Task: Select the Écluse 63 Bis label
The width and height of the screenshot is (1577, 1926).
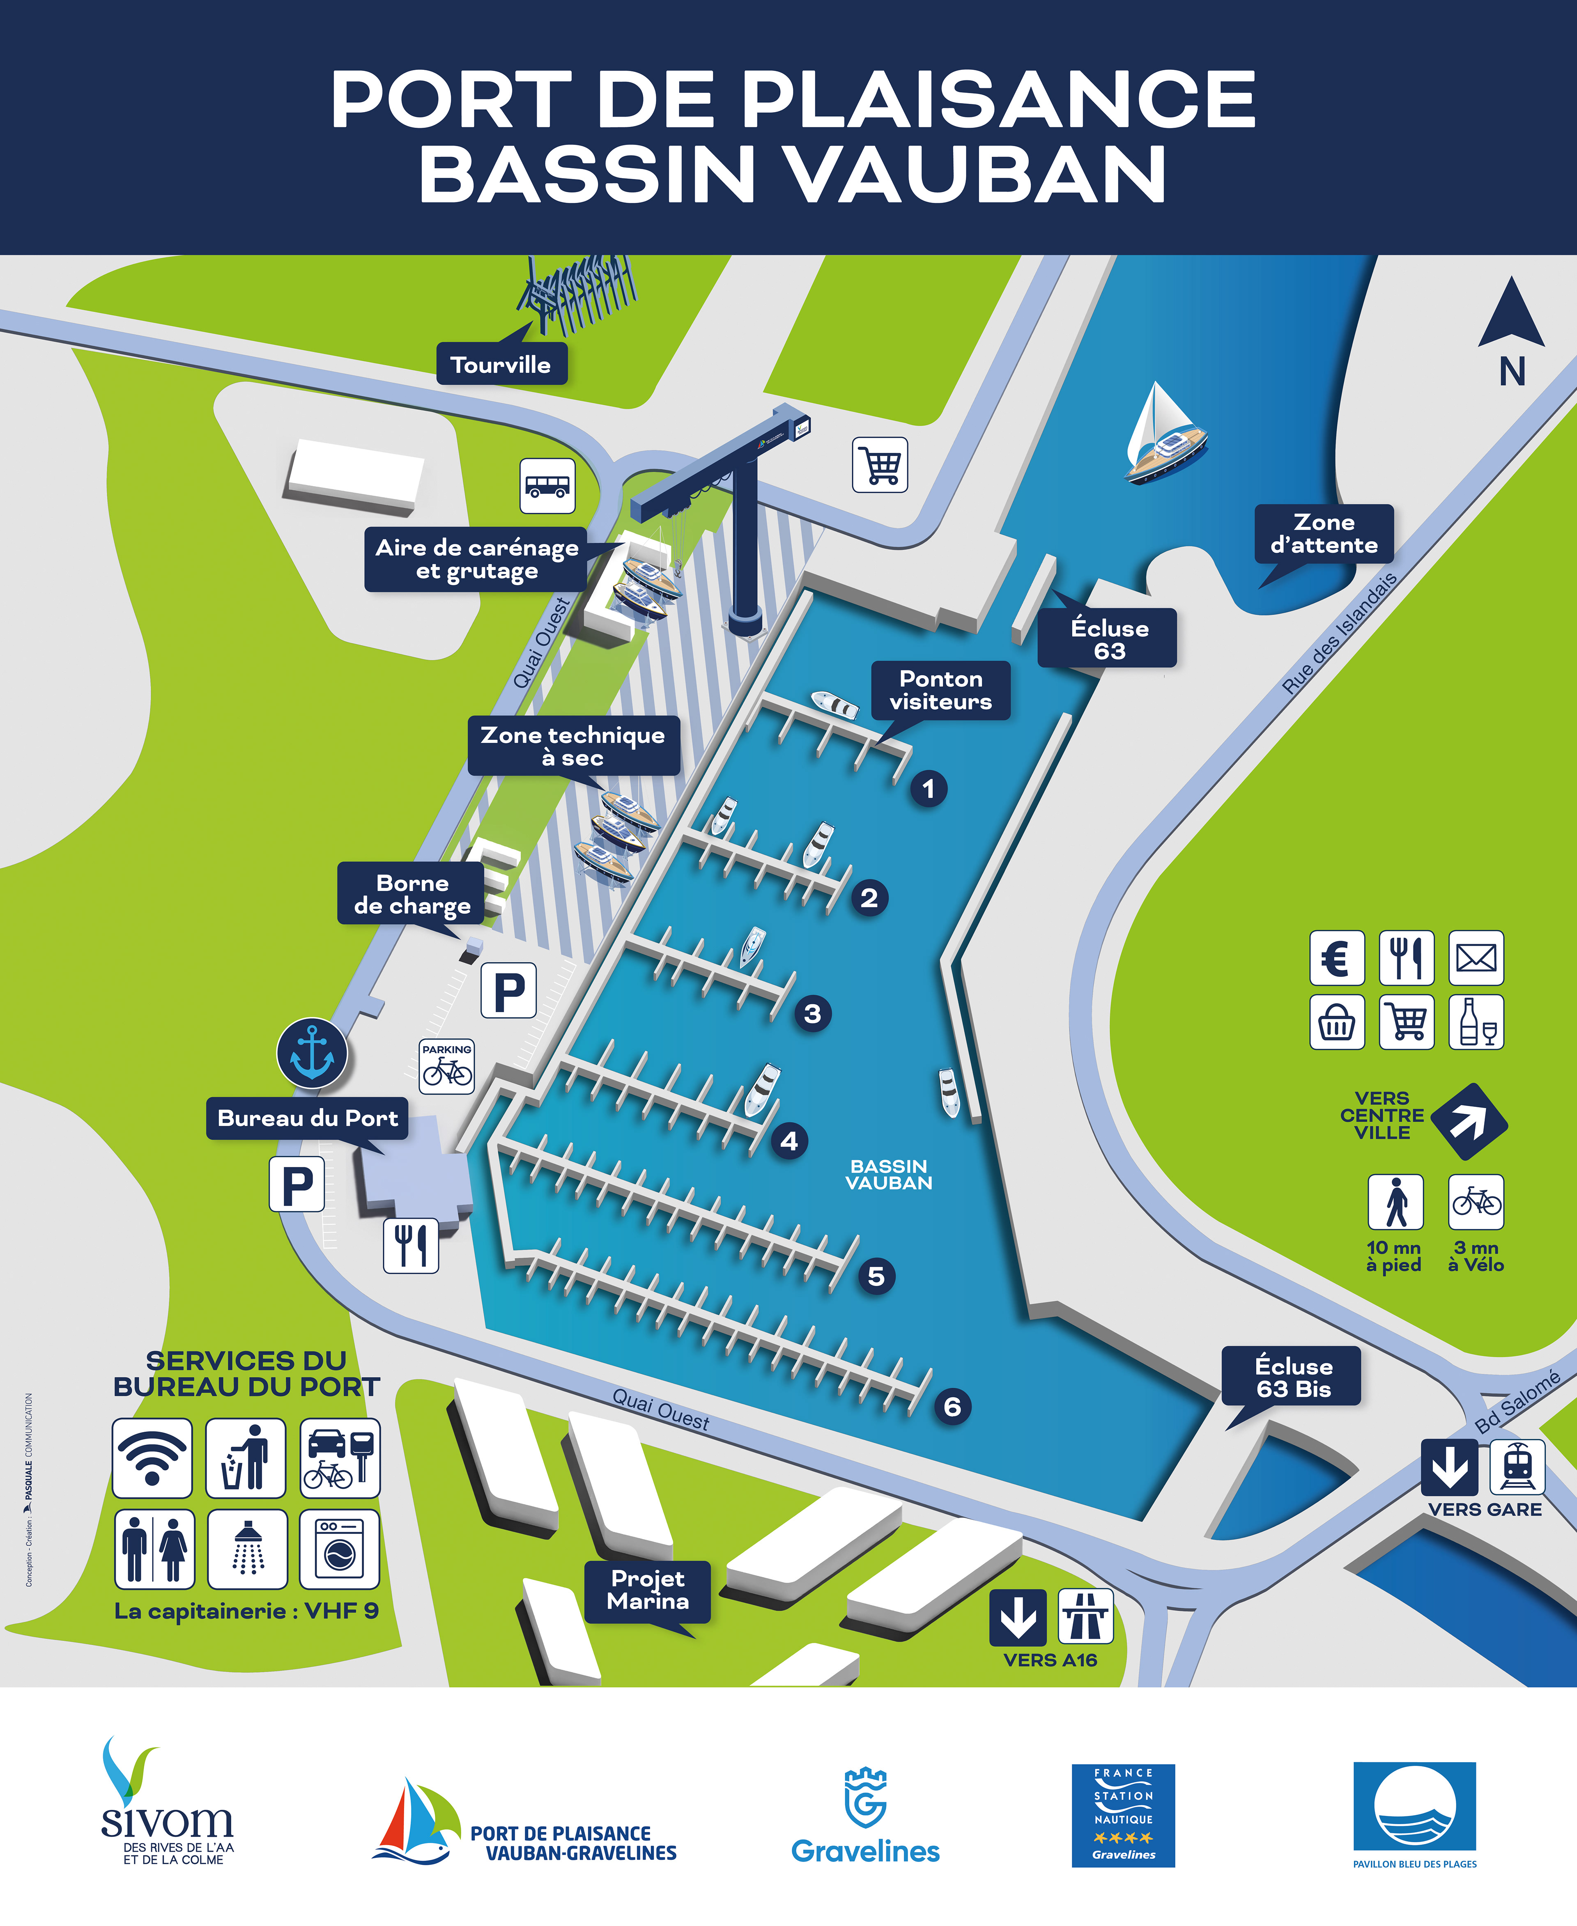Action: coord(1293,1377)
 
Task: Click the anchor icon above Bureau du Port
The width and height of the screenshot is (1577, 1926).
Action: coord(312,1054)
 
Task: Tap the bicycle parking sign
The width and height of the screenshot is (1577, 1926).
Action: coord(447,1066)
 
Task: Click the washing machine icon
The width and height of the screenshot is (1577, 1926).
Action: coord(339,1548)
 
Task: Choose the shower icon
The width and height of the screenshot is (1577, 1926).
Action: coord(247,1548)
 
